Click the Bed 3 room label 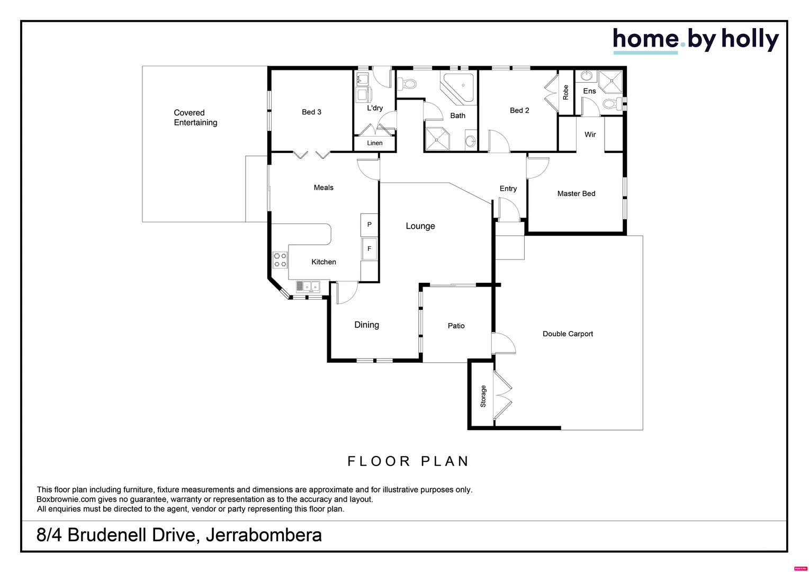pyautogui.click(x=311, y=112)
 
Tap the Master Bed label pyautogui.click(x=576, y=194)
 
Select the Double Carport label pyautogui.click(x=568, y=334)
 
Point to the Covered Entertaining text pyautogui.click(x=195, y=118)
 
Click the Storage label pyautogui.click(x=483, y=396)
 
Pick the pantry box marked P pyautogui.click(x=369, y=225)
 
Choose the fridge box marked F pyautogui.click(x=369, y=249)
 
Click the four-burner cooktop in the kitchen pyautogui.click(x=280, y=260)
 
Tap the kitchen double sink pyautogui.click(x=308, y=287)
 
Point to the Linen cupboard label pyautogui.click(x=374, y=143)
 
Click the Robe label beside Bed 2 pyautogui.click(x=565, y=92)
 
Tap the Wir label pyautogui.click(x=590, y=135)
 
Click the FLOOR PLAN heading pyautogui.click(x=408, y=461)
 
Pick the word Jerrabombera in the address pyautogui.click(x=263, y=535)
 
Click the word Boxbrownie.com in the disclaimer pyautogui.click(x=66, y=499)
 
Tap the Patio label pyautogui.click(x=456, y=326)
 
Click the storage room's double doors pyautogui.click(x=502, y=396)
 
